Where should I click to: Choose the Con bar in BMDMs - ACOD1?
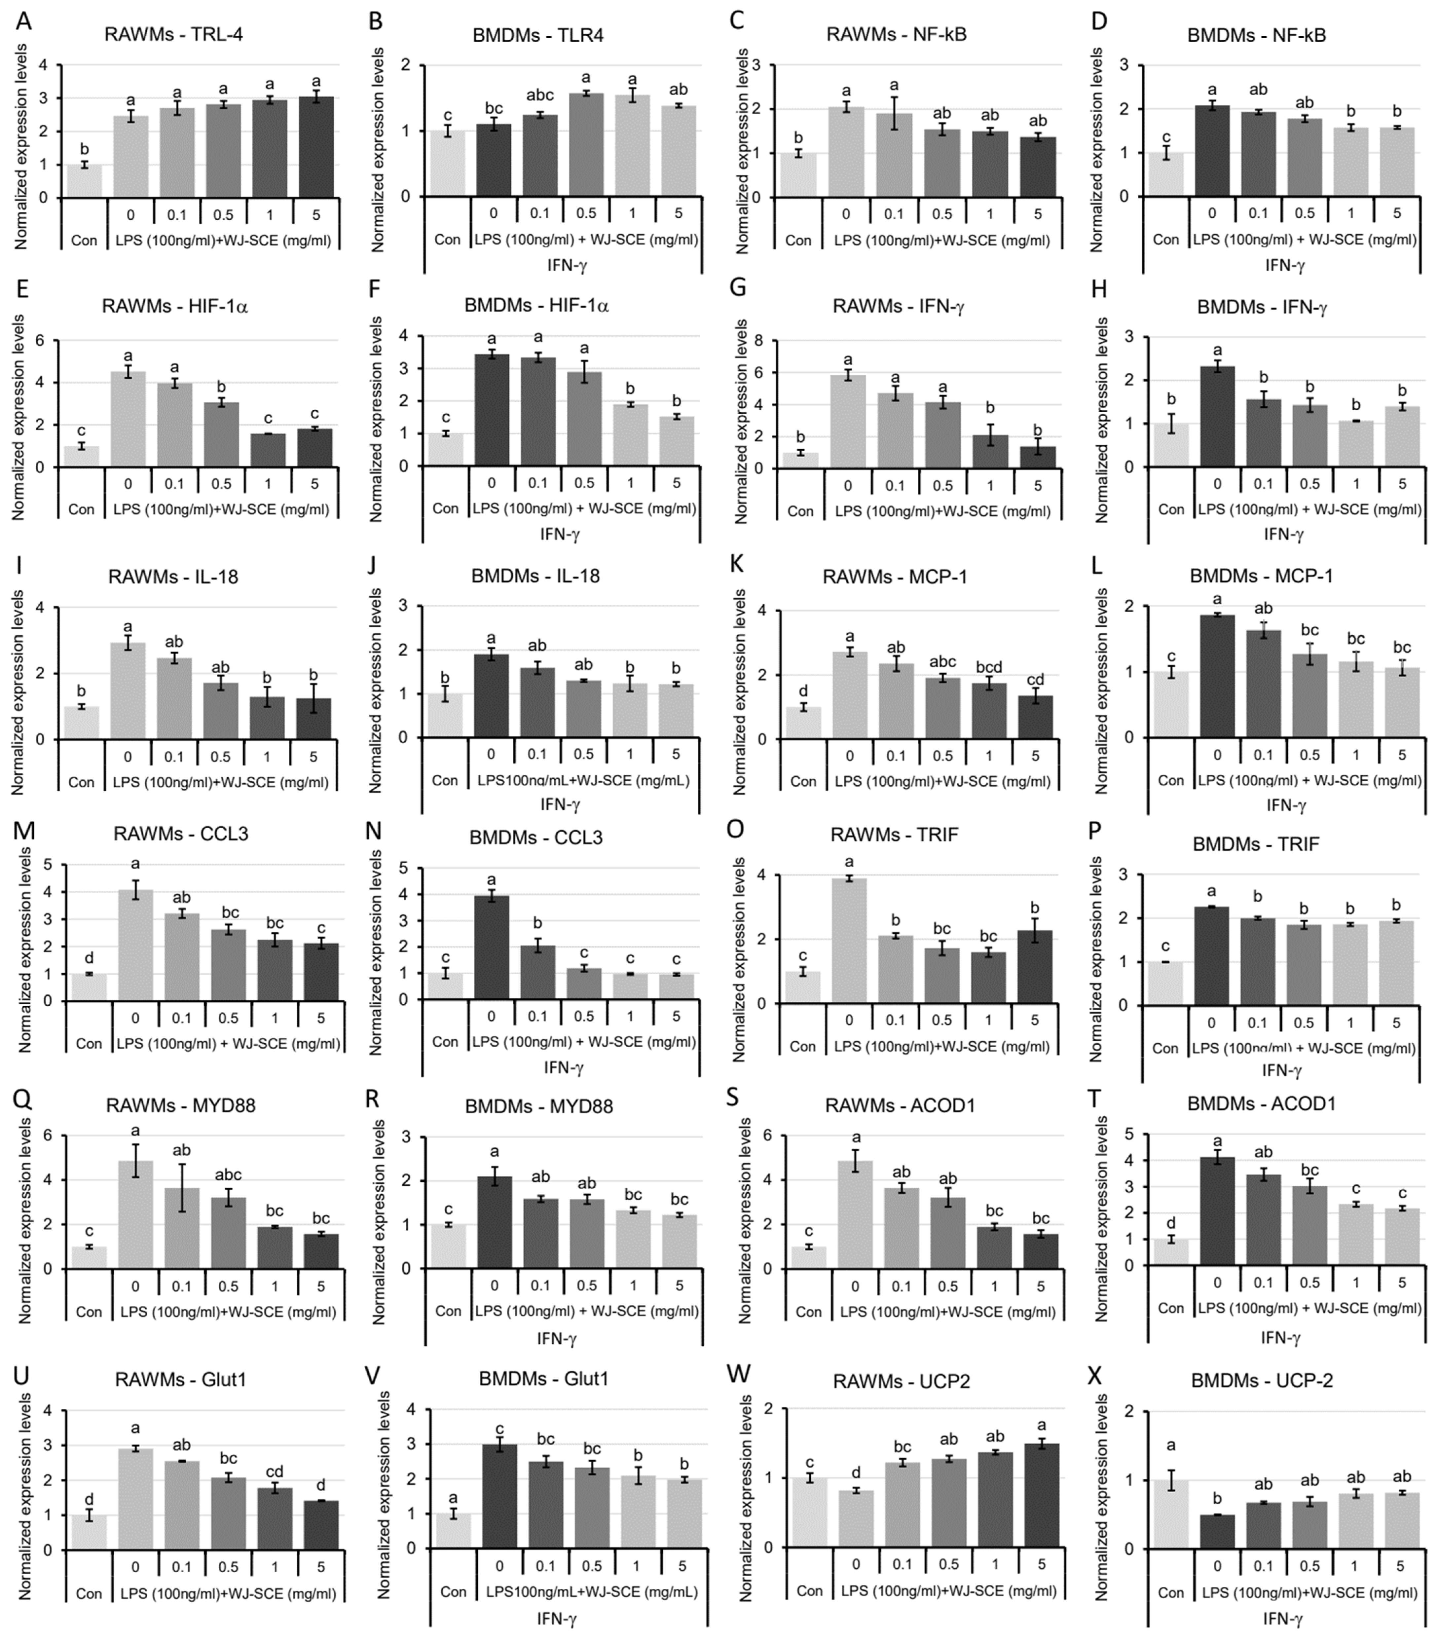pyautogui.click(x=1170, y=1252)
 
